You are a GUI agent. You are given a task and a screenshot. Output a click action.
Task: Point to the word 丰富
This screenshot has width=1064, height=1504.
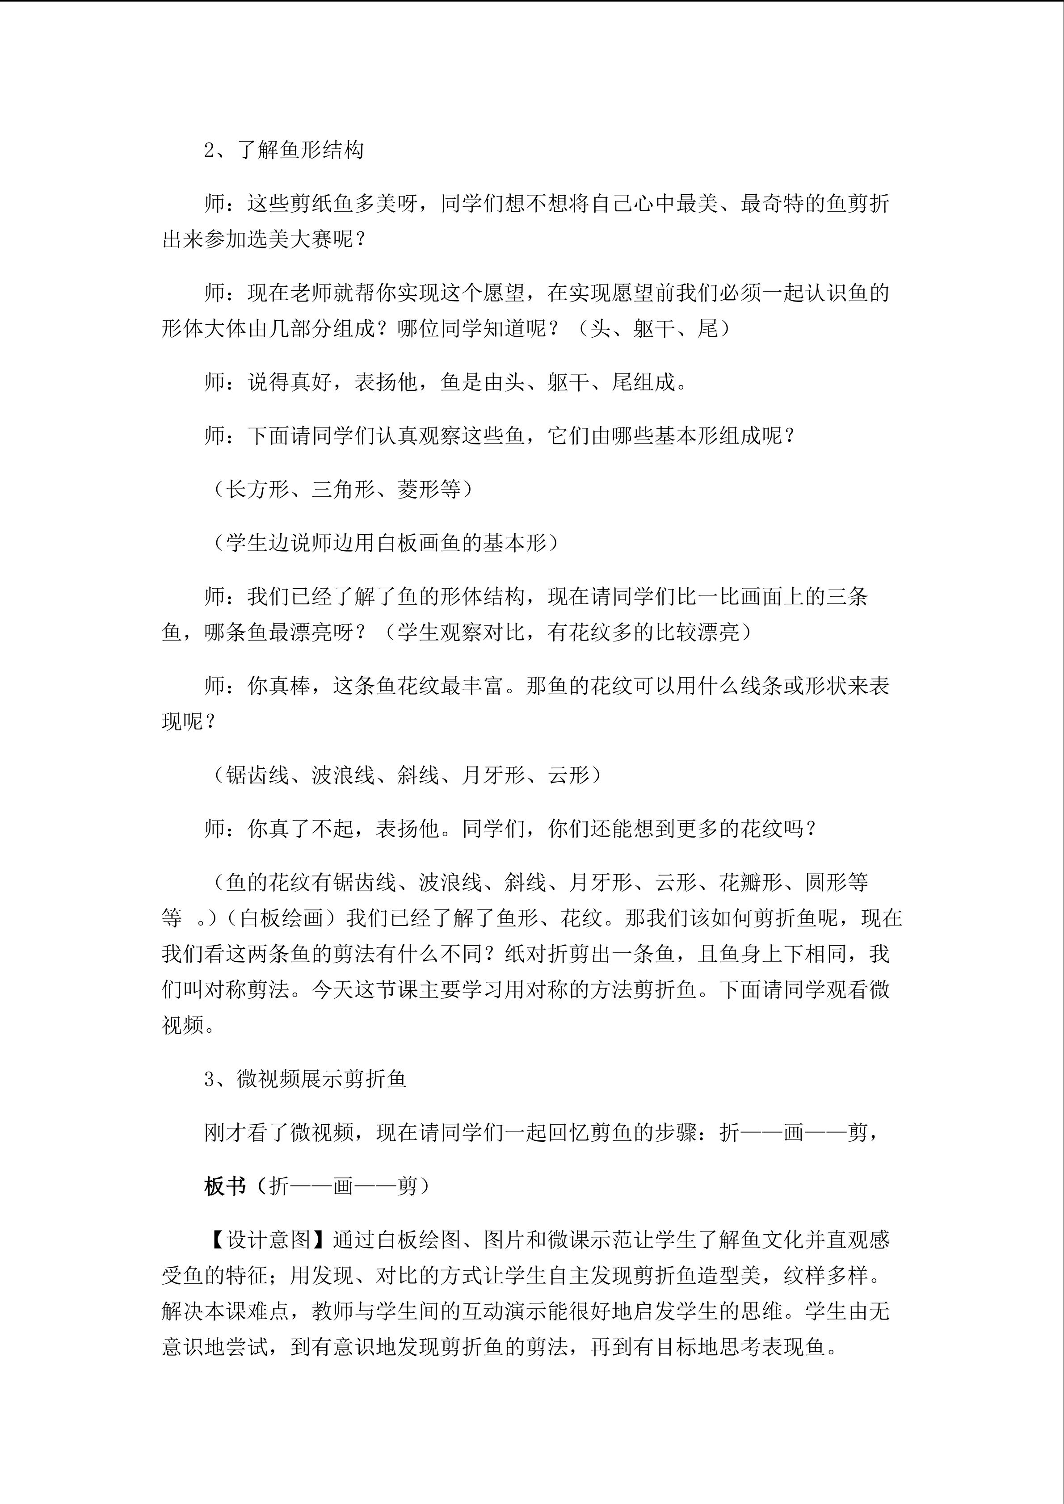[482, 686]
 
